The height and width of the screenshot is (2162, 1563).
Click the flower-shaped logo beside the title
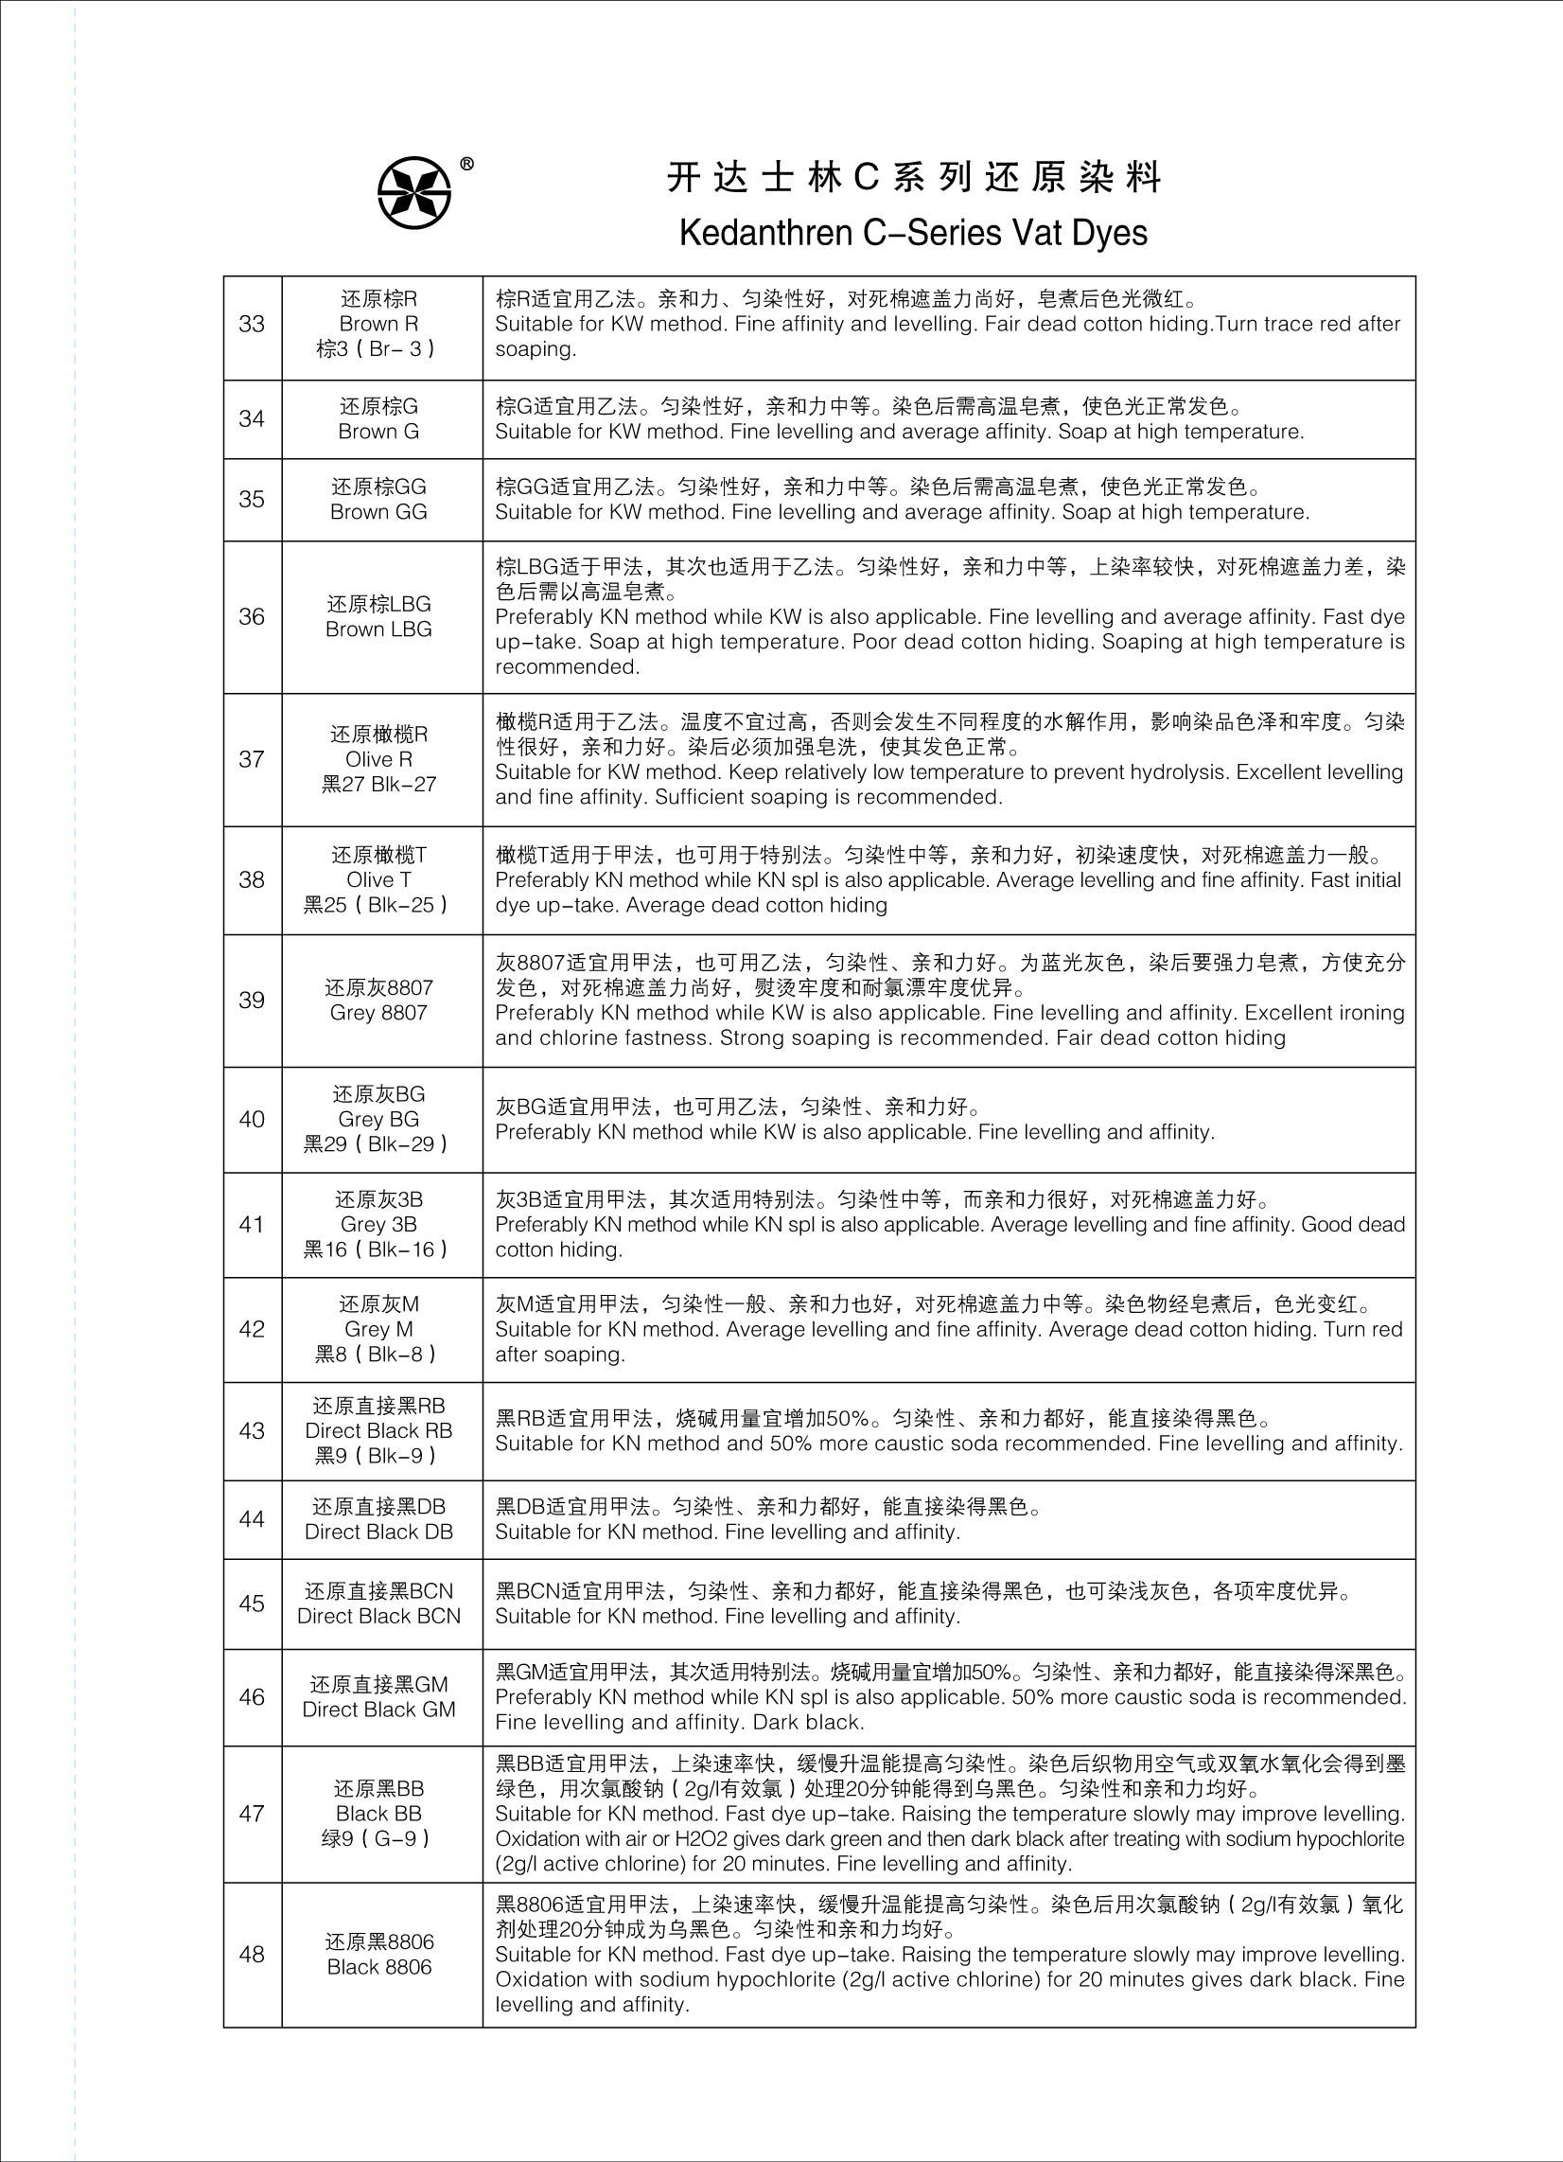coord(414,192)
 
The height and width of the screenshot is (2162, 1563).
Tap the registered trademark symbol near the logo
coord(467,164)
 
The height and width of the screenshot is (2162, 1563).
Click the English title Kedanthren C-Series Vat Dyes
coord(913,233)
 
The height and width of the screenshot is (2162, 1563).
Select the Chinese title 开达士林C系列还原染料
coord(913,178)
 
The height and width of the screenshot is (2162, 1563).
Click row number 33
coord(252,324)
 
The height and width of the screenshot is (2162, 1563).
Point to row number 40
coord(252,1119)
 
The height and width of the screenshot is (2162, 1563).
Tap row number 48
coord(252,1954)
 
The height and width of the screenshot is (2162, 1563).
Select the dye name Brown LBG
coord(378,629)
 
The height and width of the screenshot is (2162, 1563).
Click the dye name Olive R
coord(378,760)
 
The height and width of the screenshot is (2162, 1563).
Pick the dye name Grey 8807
coord(378,1012)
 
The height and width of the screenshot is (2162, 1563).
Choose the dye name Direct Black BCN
coord(378,1616)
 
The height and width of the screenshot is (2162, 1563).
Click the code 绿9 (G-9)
coord(378,1839)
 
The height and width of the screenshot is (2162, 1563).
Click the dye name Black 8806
coord(378,1967)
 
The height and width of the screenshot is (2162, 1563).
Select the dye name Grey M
coord(378,1329)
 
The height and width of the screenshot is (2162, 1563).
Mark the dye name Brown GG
coord(378,512)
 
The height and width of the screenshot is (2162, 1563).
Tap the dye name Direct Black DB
coord(378,1532)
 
